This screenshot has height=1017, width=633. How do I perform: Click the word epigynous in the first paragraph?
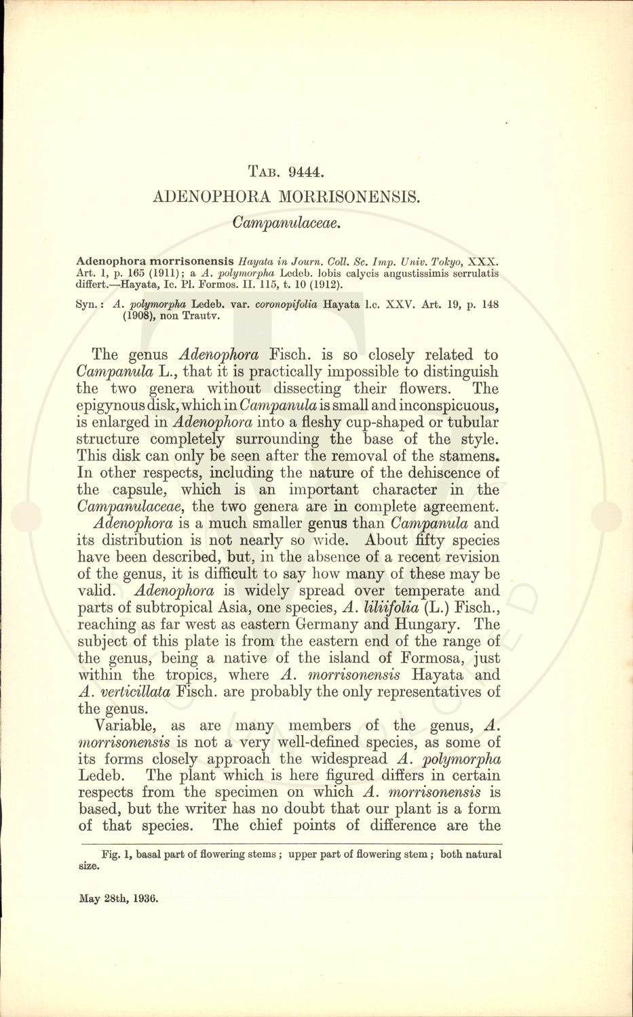[x=113, y=405]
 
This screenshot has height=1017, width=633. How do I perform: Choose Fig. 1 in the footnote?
[x=115, y=854]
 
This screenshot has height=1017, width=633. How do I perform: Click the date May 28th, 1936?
[x=119, y=899]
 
